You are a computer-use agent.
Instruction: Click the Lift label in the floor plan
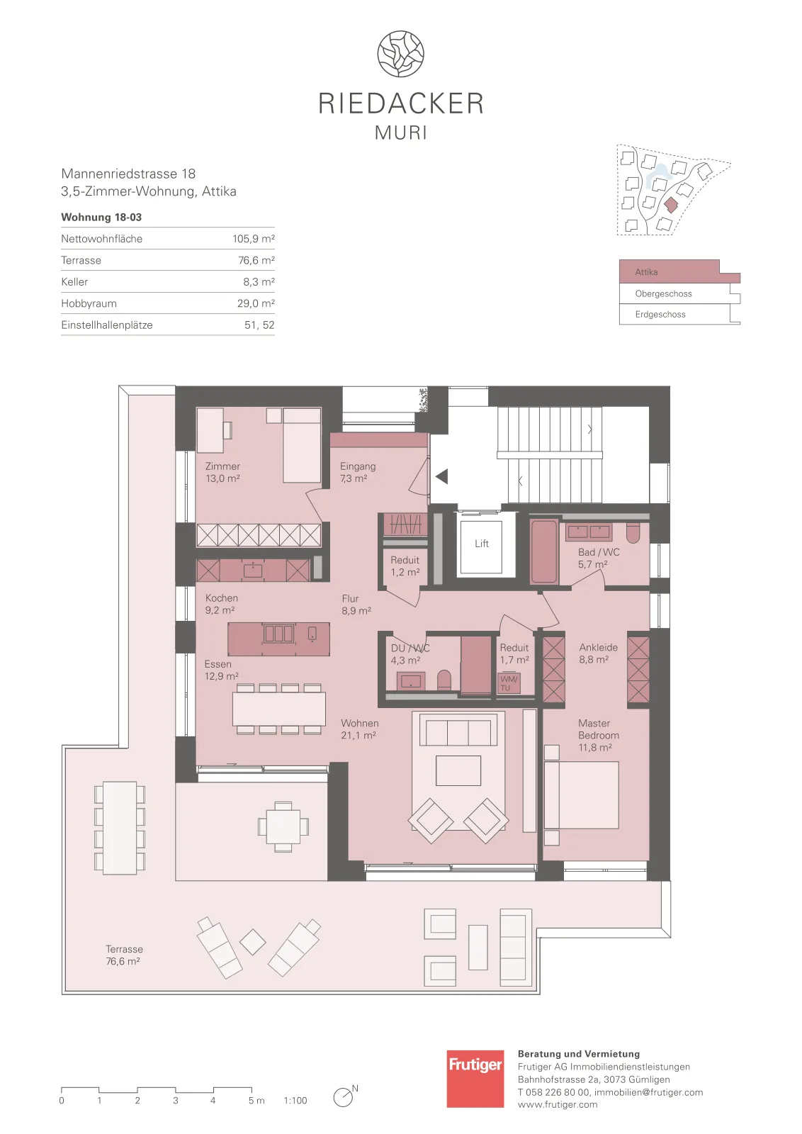[x=481, y=544]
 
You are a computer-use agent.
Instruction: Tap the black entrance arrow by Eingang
[x=441, y=476]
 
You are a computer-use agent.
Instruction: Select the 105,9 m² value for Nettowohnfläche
[x=254, y=238]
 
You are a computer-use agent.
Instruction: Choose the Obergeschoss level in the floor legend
[x=663, y=293]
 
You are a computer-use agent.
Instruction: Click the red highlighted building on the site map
[x=671, y=205]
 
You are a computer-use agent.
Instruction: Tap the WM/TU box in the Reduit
[x=509, y=683]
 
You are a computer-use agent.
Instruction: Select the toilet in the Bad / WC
[x=633, y=532]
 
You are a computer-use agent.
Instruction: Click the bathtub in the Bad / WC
[x=544, y=551]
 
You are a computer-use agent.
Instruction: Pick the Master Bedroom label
[x=599, y=729]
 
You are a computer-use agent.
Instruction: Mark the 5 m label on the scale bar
[x=256, y=1100]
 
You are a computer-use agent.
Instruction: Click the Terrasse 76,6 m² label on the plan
[x=124, y=955]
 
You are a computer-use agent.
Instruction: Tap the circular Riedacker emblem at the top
[x=401, y=54]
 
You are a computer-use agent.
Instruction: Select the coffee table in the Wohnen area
[x=458, y=770]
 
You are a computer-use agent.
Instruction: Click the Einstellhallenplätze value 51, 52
[x=259, y=325]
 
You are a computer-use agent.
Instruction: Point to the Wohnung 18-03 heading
[x=101, y=217]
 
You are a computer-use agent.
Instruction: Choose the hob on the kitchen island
[x=279, y=634]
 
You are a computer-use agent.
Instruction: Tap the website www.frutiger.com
[x=557, y=1105]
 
